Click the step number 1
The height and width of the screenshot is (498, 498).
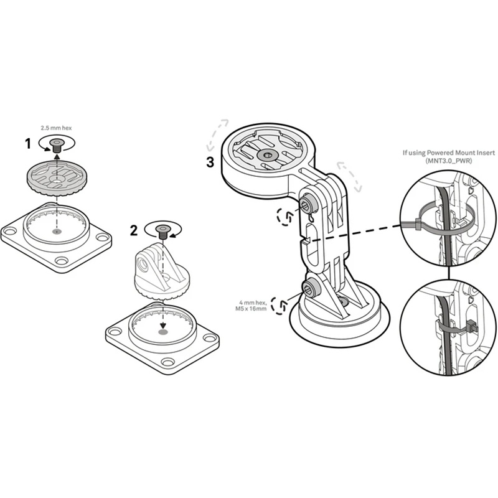(x=28, y=144)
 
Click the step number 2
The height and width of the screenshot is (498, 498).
(x=133, y=230)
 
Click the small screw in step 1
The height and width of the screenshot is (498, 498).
(x=57, y=146)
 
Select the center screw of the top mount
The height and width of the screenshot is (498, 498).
(x=268, y=154)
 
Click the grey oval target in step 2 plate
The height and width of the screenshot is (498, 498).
(x=163, y=332)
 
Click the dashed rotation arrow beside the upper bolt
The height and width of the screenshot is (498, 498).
(x=285, y=216)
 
